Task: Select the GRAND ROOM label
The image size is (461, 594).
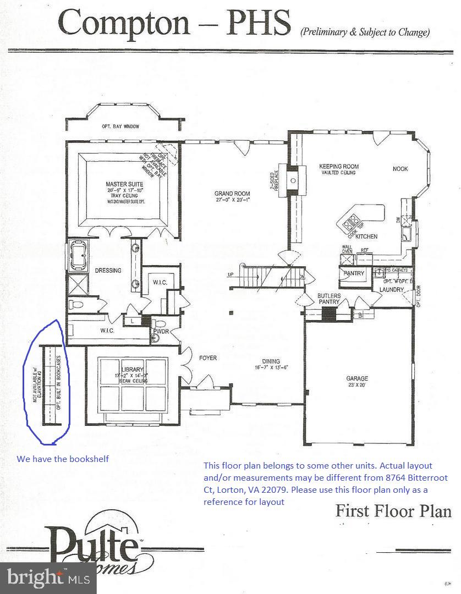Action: [x=232, y=194]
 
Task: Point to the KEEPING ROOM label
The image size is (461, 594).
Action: [x=339, y=166]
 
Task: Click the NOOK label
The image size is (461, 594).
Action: [x=400, y=169]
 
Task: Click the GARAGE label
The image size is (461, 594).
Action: [x=356, y=378]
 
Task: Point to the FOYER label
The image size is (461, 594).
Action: [x=208, y=358]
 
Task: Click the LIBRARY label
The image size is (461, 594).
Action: [x=132, y=369]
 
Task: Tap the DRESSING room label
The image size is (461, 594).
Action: [x=108, y=271]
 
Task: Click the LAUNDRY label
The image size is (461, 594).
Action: [x=391, y=289]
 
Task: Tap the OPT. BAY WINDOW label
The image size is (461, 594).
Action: [x=120, y=127]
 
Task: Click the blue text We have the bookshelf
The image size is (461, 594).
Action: [x=62, y=459]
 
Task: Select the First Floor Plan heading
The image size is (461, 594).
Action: [x=393, y=511]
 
